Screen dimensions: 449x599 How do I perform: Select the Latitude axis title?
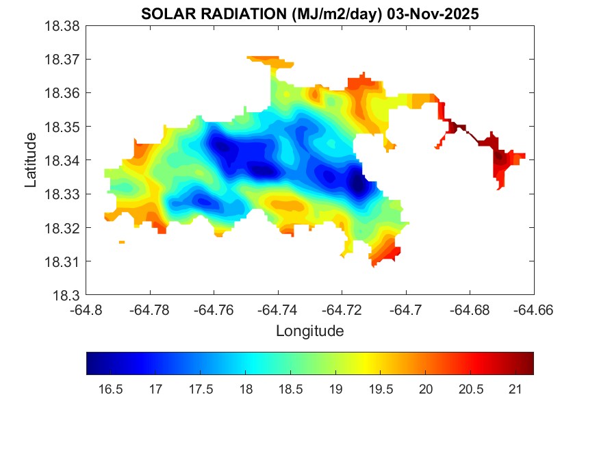[x=31, y=160]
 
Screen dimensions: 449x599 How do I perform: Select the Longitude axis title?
[x=309, y=331]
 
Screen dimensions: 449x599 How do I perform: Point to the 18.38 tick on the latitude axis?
[x=66, y=25]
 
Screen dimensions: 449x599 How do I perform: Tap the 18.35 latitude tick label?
[x=66, y=127]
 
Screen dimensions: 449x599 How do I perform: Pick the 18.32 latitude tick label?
[x=66, y=228]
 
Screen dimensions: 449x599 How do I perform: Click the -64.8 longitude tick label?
[x=87, y=310]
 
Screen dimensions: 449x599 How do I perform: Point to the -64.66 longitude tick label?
[x=533, y=310]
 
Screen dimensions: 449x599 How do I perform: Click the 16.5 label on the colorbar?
[x=111, y=389]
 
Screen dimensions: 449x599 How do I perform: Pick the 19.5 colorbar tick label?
[x=381, y=389]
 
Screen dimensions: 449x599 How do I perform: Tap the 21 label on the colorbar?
[x=515, y=389]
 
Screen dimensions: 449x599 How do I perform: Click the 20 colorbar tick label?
[x=426, y=389]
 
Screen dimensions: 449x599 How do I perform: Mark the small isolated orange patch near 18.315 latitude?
[x=122, y=242]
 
